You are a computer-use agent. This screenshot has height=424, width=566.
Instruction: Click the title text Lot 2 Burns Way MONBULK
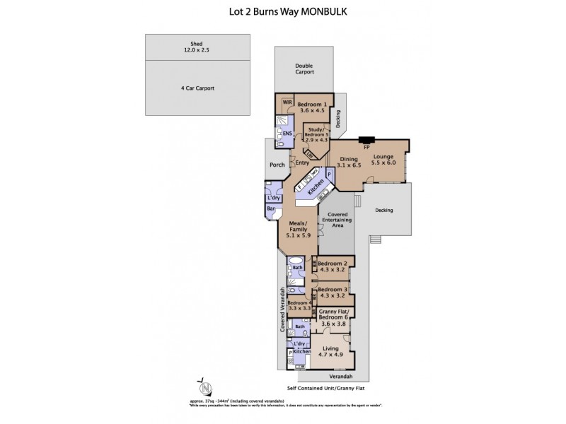pyautogui.click(x=282, y=12)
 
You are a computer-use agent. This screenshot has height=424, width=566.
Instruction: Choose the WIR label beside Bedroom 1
pyautogui.click(x=287, y=102)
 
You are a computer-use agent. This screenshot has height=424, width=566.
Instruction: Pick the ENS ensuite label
pyautogui.click(x=287, y=133)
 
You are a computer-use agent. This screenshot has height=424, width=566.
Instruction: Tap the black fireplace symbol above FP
pyautogui.click(x=366, y=140)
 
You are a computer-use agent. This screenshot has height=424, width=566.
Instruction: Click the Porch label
pyautogui.click(x=277, y=165)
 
